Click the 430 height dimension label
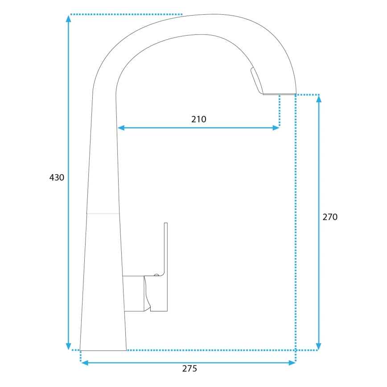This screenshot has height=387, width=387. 57,177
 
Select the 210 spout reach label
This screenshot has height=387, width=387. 199,119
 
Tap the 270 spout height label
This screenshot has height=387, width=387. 330,217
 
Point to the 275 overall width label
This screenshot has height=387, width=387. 189,369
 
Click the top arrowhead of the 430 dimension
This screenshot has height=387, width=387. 68,18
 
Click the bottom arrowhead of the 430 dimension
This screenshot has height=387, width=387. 68,346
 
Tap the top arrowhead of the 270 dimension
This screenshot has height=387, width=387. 318,99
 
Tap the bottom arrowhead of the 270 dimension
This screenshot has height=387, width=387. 318,346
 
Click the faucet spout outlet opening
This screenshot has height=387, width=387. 279,94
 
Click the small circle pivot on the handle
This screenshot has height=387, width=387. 156,276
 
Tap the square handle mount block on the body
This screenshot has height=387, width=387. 133,293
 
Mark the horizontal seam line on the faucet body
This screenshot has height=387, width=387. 103,214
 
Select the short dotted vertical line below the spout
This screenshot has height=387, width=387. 280,111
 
